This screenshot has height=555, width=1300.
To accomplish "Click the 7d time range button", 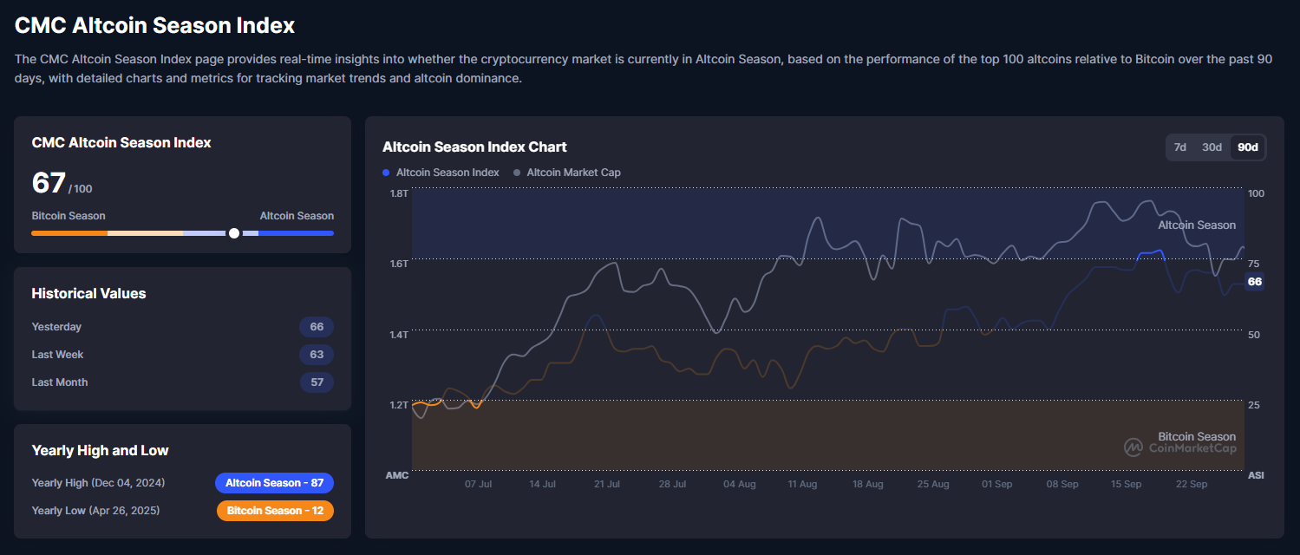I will (x=1179, y=147).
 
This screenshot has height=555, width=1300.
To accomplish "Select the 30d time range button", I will (x=1212, y=147).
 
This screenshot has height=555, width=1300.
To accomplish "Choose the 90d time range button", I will (x=1247, y=147).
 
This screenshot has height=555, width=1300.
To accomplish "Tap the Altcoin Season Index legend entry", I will (x=447, y=173).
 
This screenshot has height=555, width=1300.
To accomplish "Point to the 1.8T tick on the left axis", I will (x=398, y=193).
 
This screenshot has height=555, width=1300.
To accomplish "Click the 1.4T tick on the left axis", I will (x=398, y=335).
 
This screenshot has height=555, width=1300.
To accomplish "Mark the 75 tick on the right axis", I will (x=1254, y=264).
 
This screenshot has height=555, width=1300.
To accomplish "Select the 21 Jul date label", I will (x=607, y=484).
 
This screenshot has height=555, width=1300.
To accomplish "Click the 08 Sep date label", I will (x=1062, y=484).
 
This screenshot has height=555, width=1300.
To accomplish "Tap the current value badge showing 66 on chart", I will (x=1254, y=282).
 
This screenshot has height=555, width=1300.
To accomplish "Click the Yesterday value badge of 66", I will (x=317, y=327).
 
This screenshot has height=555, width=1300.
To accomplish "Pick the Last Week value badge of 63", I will (x=317, y=355).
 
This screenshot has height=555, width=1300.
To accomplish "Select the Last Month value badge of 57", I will (x=317, y=382).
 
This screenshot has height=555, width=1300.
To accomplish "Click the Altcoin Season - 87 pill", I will (x=274, y=483).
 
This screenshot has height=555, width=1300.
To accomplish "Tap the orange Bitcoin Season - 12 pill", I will (x=275, y=511).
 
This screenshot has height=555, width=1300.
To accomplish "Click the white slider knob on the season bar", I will (x=234, y=233).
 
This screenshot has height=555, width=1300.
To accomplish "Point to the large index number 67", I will (x=49, y=183).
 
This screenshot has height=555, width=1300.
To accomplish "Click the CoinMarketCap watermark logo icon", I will (x=1133, y=447).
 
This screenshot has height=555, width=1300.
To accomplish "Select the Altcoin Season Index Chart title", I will (x=474, y=147).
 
